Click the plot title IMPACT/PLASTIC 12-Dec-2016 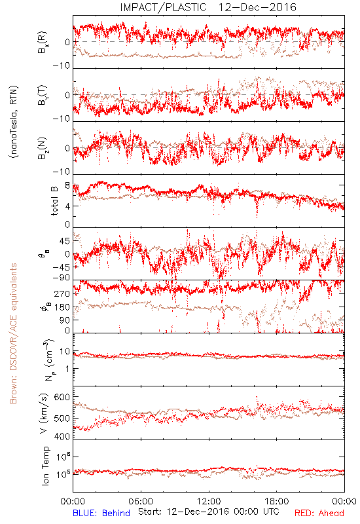(x=208, y=7)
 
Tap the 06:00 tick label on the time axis (x=141, y=501)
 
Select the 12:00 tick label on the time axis (x=209, y=501)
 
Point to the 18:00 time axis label (x=277, y=501)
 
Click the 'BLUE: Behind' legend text (x=101, y=513)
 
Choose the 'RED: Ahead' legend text (x=319, y=513)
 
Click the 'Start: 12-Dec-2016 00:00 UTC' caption (x=208, y=512)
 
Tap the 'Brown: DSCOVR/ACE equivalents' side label (x=13, y=333)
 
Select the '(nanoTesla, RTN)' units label (x=14, y=122)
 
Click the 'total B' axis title (x=54, y=201)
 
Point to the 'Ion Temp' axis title (x=45, y=466)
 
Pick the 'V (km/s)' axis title (x=44, y=414)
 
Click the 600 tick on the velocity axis (x=62, y=397)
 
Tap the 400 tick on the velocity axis (x=62, y=436)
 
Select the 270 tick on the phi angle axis (x=62, y=293)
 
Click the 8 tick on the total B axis (x=67, y=186)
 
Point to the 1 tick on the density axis (x=68, y=369)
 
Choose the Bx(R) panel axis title (x=43, y=43)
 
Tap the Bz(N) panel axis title (x=43, y=148)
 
